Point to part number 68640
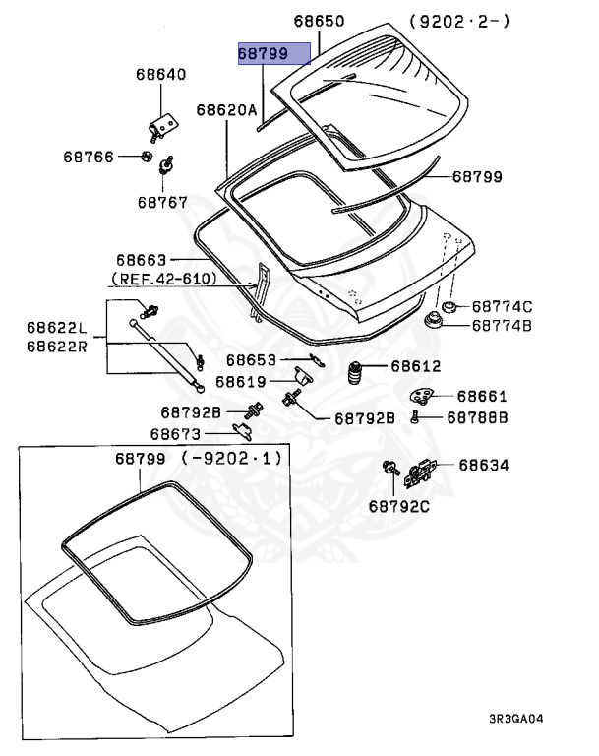click(160, 75)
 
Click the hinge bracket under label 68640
click(162, 123)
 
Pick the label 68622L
click(56, 327)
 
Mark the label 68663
click(143, 260)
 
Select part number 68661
click(482, 396)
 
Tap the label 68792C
click(400, 507)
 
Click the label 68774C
click(503, 306)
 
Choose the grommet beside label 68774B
click(432, 323)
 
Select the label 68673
click(176, 433)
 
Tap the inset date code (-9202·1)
click(231, 459)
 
